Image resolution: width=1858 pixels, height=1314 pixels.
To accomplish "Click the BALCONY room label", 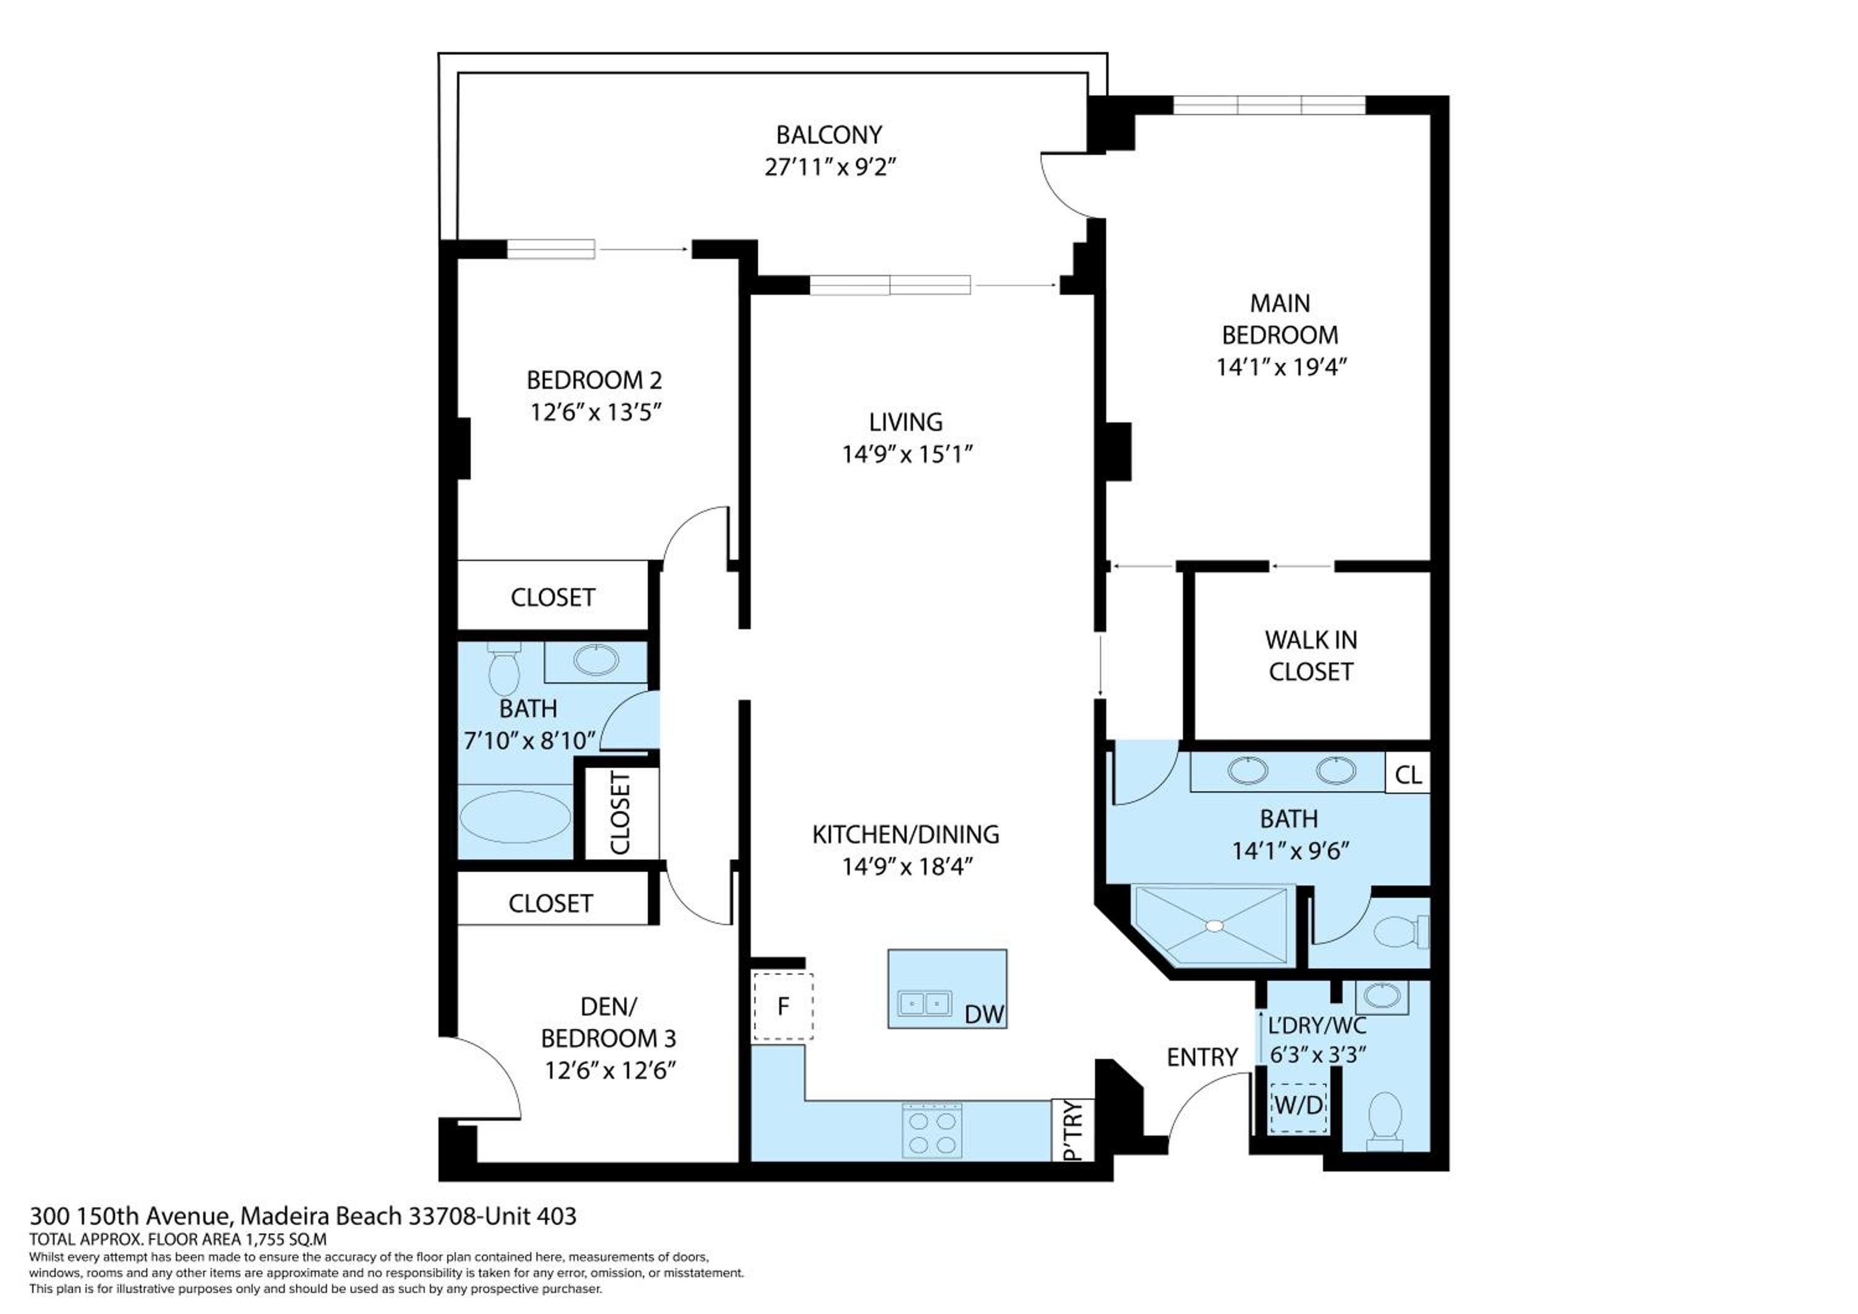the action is (829, 134).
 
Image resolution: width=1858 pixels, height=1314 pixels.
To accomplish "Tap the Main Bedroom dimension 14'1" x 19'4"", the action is (1281, 367).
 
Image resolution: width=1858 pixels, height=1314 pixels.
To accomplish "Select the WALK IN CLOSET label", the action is (1311, 655).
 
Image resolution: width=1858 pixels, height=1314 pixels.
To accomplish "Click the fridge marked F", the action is (783, 1006).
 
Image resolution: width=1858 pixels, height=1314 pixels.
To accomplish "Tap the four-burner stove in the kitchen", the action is (932, 1130).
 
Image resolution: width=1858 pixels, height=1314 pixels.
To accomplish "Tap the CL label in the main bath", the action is (1408, 775).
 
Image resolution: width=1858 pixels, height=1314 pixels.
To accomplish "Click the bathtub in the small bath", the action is (515, 817).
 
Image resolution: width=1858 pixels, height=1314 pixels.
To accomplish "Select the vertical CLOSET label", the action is (620, 812).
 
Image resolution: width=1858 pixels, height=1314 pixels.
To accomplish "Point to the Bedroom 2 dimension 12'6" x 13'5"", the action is (596, 412).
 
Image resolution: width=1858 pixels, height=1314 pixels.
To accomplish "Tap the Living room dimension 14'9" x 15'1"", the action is (906, 454).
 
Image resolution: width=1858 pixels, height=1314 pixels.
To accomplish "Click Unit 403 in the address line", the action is (530, 1216).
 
